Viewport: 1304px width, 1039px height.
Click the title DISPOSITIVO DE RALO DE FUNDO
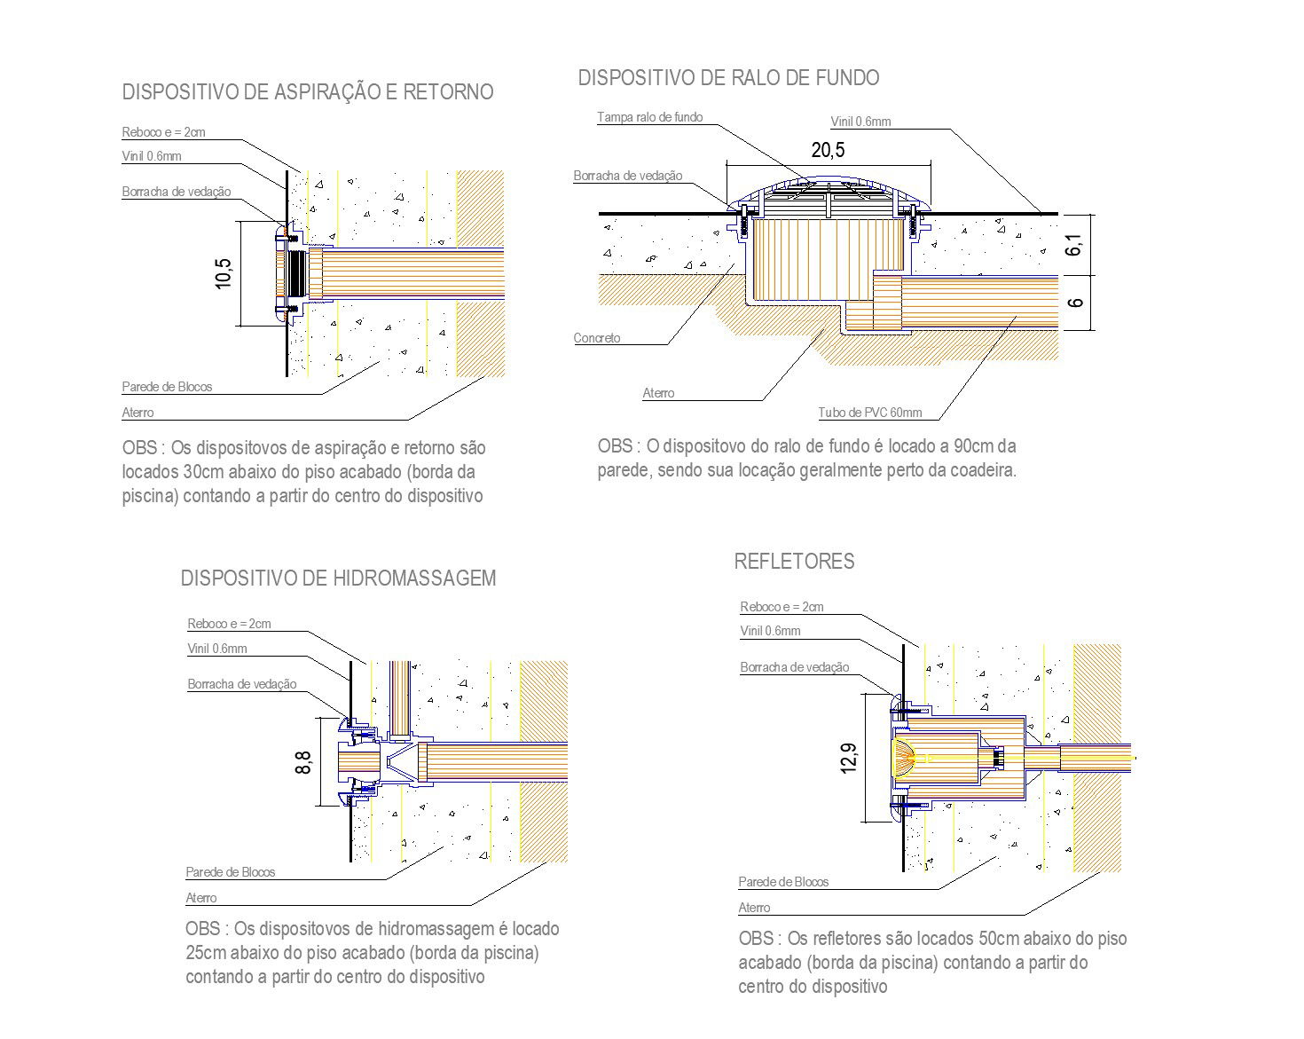point(728,78)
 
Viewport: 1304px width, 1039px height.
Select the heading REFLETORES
point(795,562)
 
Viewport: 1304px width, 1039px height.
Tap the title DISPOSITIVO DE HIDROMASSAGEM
point(338,579)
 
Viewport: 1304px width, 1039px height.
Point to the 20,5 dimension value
point(828,150)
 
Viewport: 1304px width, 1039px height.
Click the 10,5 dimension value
point(223,274)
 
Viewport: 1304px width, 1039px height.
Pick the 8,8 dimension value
point(303,763)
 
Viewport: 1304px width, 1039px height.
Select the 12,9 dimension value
point(848,759)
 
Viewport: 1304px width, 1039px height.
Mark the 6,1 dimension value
point(1073,244)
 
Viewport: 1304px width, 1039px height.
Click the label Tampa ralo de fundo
point(649,117)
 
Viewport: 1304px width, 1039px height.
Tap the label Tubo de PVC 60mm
point(869,413)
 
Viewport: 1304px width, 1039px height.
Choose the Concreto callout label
point(597,338)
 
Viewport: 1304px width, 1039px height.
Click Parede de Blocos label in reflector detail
point(783,882)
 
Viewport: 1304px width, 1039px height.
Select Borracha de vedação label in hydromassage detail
point(242,684)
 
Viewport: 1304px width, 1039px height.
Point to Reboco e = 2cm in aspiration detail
point(163,132)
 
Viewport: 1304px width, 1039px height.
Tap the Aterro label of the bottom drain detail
point(658,393)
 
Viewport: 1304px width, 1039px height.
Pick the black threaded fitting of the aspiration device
point(298,274)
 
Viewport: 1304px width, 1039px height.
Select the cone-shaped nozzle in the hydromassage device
point(401,763)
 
